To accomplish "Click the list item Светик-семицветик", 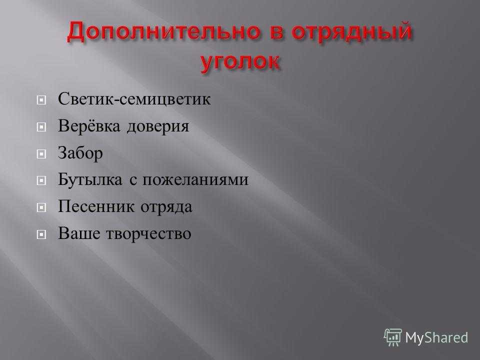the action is coord(134,99).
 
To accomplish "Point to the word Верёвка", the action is coord(89,125).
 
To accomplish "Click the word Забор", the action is coord(80,153).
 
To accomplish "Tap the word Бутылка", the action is coord(90,179).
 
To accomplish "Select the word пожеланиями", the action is coord(195,180).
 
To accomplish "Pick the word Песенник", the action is coord(96,206).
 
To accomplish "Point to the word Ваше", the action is coord(78,233).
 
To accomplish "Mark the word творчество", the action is coord(148,234).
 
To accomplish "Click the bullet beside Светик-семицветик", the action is coord(41,100).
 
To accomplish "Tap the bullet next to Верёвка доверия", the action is coord(41,126).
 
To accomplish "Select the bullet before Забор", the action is coord(41,153).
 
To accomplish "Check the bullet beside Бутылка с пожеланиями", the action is coord(41,180).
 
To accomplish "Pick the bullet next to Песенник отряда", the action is coord(41,207).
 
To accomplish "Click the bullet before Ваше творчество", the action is coord(41,234).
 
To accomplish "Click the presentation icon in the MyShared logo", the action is coord(393,337).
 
